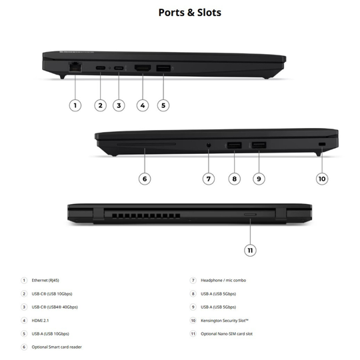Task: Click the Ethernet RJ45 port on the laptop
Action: pyautogui.click(x=75, y=67)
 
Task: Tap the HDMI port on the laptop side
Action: pyautogui.click(x=143, y=68)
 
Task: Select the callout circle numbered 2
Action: pyautogui.click(x=100, y=105)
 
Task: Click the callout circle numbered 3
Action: pyautogui.click(x=119, y=105)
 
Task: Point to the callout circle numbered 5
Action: pyautogui.click(x=163, y=105)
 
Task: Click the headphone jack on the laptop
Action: pyautogui.click(x=209, y=145)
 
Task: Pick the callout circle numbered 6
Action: pyautogui.click(x=145, y=179)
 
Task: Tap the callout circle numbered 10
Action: pyautogui.click(x=322, y=179)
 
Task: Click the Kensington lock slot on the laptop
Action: pyautogui.click(x=322, y=144)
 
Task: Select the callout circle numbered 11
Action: pyautogui.click(x=250, y=250)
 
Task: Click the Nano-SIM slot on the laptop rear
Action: pyautogui.click(x=250, y=215)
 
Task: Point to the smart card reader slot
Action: pyautogui.click(x=146, y=145)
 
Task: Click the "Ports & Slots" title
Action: pyautogui.click(x=190, y=13)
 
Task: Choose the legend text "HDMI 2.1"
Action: pyautogui.click(x=40, y=320)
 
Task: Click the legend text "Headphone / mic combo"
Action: pyautogui.click(x=223, y=280)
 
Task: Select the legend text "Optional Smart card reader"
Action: pyautogui.click(x=57, y=347)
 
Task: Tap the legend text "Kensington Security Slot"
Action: pyautogui.click(x=225, y=321)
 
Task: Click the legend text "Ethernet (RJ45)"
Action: pyautogui.click(x=45, y=280)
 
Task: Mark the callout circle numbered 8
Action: pyautogui.click(x=235, y=179)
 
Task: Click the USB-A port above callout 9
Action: pyautogui.click(x=259, y=145)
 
